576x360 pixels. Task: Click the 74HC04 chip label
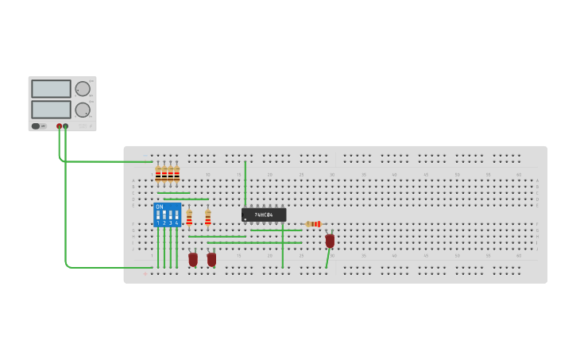tap(264, 215)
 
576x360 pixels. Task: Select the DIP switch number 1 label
tap(158, 223)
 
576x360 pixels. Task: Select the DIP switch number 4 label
tap(176, 223)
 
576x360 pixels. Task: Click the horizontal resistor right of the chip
tap(314, 224)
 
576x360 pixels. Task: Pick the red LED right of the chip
tap(330, 240)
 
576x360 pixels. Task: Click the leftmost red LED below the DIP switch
tap(193, 259)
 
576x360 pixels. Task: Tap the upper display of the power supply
tap(51, 88)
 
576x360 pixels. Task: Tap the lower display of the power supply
tap(51, 109)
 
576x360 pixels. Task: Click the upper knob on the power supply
tap(83, 88)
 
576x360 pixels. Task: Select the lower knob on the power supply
tap(83, 110)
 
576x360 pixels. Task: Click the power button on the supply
tap(36, 126)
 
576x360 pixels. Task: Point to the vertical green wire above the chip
tap(245, 183)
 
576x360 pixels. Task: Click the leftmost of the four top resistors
tap(158, 174)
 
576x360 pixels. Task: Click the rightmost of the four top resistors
tap(176, 174)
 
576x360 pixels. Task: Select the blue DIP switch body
tap(168, 215)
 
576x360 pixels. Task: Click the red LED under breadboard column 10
tap(211, 259)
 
